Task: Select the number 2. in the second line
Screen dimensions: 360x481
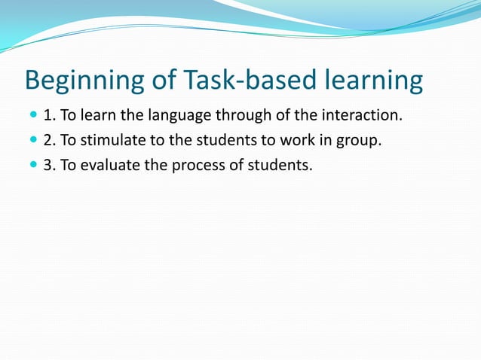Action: (x=51, y=139)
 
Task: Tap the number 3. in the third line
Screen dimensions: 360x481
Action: (x=51, y=164)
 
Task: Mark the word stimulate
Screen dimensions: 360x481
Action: (x=106, y=139)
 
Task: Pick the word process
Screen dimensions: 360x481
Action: (x=191, y=165)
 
